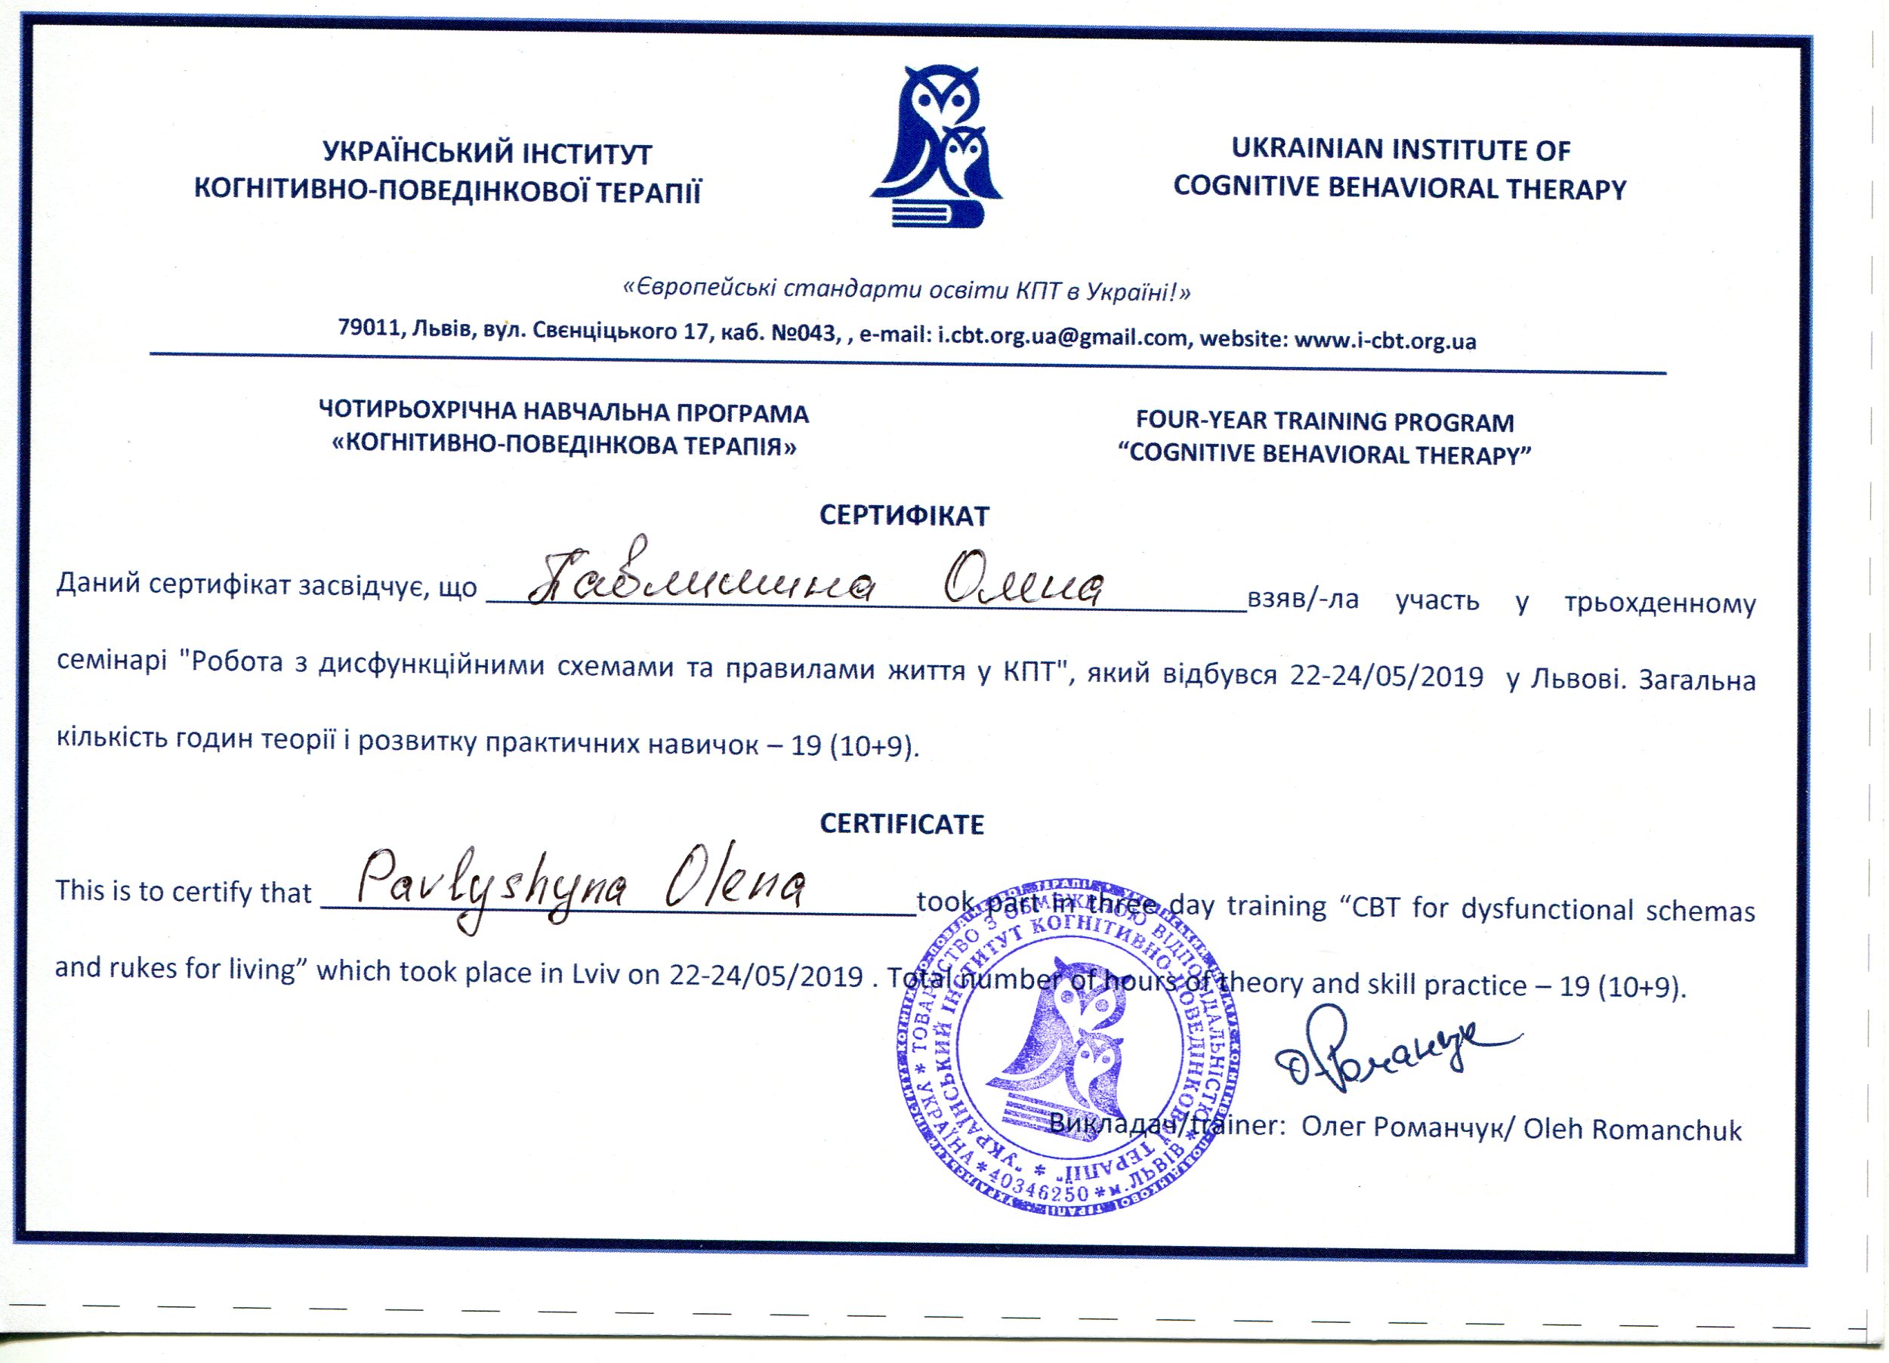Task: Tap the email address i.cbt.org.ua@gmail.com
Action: (x=1062, y=338)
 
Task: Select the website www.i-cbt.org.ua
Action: (x=1384, y=341)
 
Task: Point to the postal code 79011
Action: (x=368, y=327)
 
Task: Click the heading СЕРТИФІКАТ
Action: (x=903, y=517)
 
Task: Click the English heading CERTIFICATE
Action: (x=902, y=825)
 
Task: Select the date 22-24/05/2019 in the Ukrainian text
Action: (x=1386, y=676)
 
